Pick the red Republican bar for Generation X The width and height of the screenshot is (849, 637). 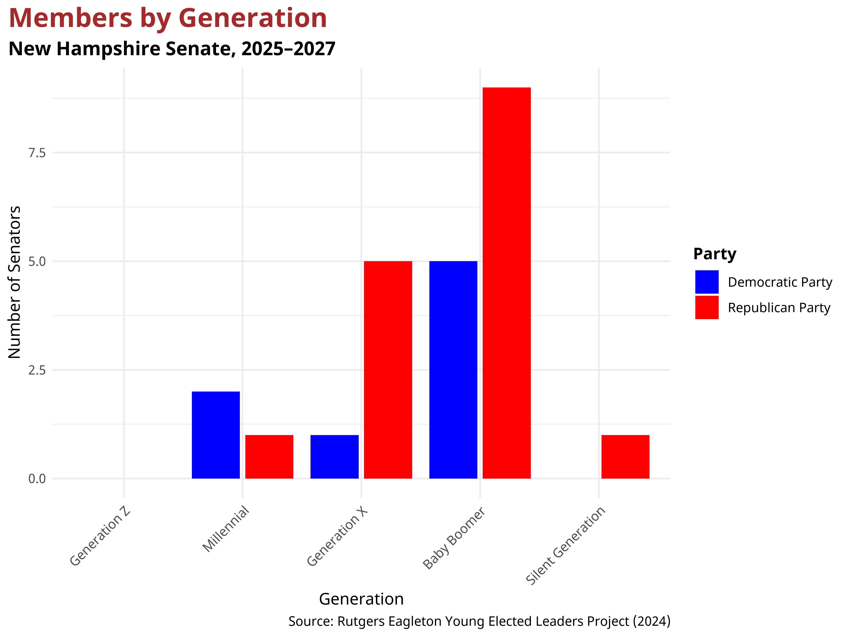click(x=388, y=369)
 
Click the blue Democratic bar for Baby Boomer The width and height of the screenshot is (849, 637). click(x=453, y=369)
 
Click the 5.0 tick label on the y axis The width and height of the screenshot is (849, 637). click(x=37, y=261)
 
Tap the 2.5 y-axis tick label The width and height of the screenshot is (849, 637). click(x=37, y=370)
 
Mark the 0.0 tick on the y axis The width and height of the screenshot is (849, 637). click(x=37, y=479)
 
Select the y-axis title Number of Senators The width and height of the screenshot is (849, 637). click(x=15, y=282)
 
